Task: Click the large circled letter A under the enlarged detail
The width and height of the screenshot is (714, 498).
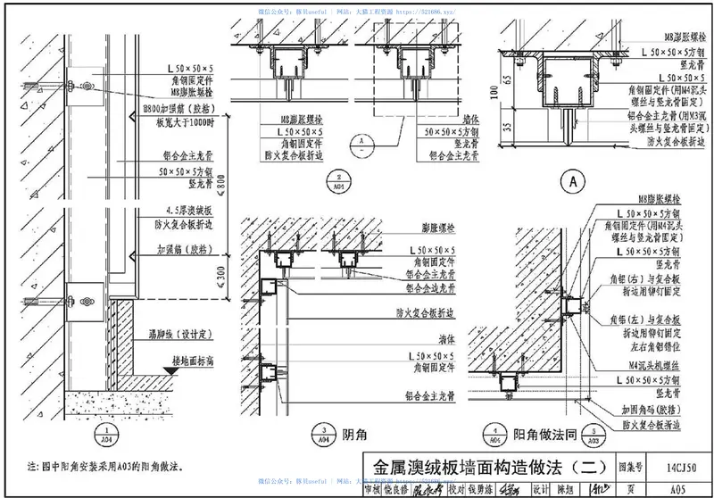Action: pyautogui.click(x=571, y=181)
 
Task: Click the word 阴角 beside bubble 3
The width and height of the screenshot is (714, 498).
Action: pyautogui.click(x=353, y=434)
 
